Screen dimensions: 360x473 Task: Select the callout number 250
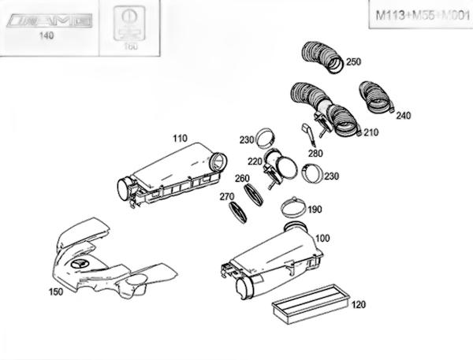(x=353, y=61)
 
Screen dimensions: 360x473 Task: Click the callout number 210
(x=371, y=133)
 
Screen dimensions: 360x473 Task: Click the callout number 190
(x=315, y=210)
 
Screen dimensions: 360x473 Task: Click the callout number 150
(x=56, y=291)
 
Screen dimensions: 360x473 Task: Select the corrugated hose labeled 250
(x=322, y=58)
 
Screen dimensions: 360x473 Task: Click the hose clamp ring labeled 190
(x=293, y=209)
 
